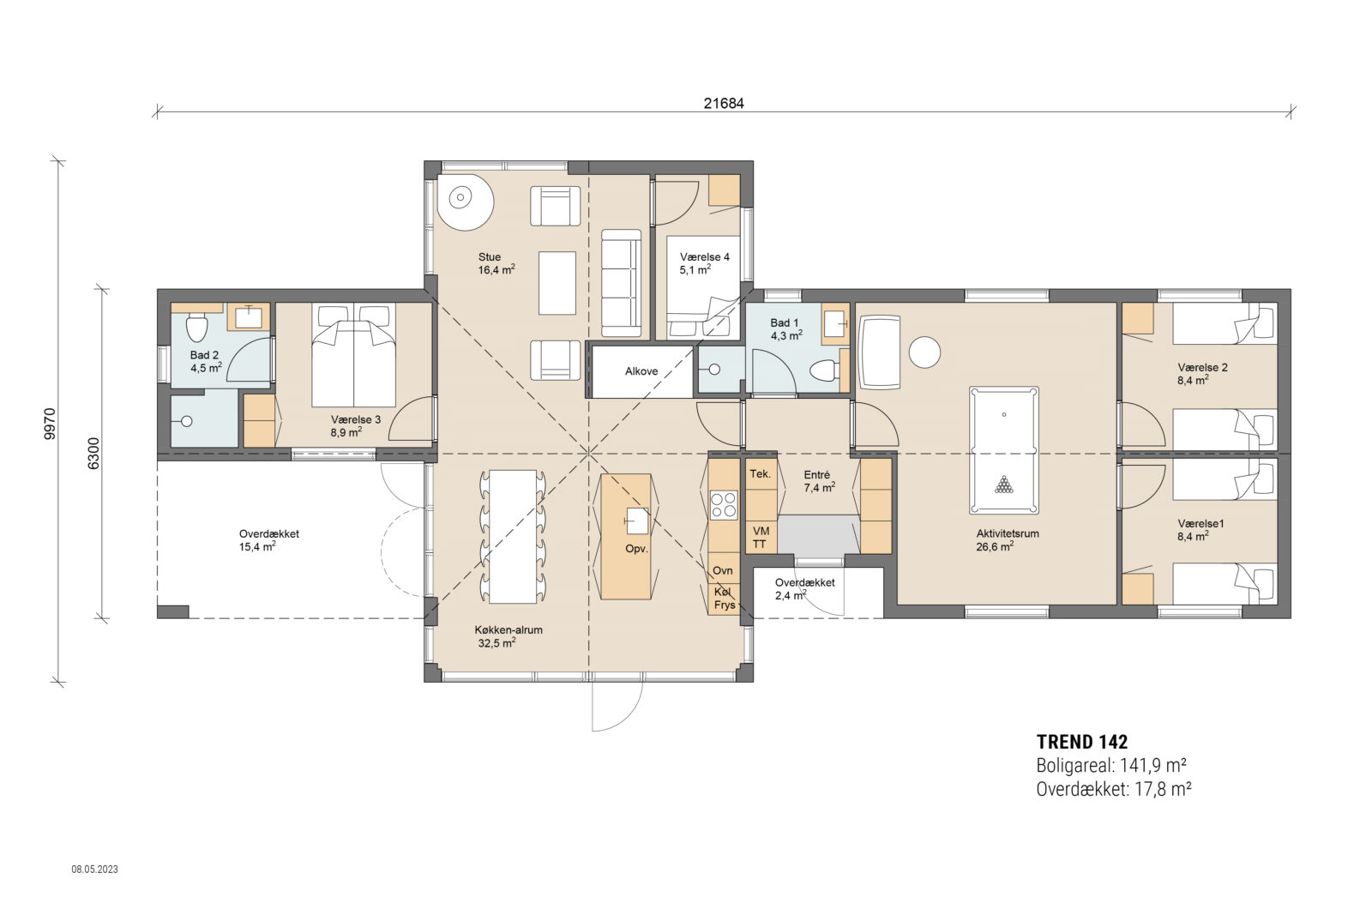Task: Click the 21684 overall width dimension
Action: click(x=723, y=104)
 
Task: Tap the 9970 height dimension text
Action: click(x=50, y=423)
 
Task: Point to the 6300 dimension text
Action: click(x=93, y=453)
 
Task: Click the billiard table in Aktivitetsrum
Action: click(x=1003, y=449)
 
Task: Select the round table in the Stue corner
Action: click(x=464, y=201)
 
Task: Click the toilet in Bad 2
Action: click(x=196, y=327)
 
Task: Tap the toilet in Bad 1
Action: click(x=824, y=371)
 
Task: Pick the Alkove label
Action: click(x=641, y=371)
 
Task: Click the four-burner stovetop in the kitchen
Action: click(x=723, y=504)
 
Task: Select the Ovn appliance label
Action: click(x=723, y=570)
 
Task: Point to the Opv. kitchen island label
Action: click(x=636, y=549)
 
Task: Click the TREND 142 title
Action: click(x=1081, y=743)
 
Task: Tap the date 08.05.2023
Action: click(x=94, y=870)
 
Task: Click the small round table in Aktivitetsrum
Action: click(x=924, y=352)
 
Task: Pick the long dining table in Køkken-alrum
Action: click(x=513, y=536)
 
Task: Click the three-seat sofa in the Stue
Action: click(x=621, y=283)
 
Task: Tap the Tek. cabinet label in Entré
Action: click(x=760, y=474)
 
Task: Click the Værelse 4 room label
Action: click(x=704, y=257)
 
